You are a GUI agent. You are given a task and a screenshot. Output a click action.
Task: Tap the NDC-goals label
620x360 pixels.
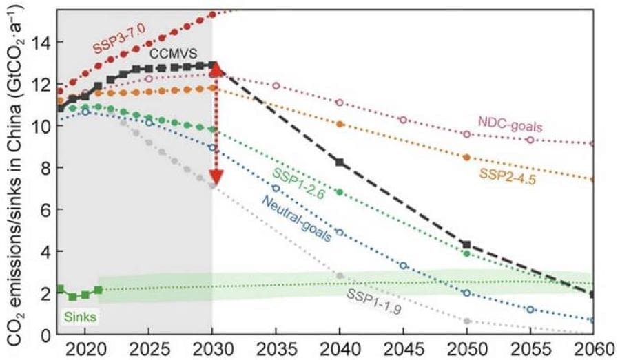pos(510,127)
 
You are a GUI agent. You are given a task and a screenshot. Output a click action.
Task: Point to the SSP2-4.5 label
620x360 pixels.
pos(506,176)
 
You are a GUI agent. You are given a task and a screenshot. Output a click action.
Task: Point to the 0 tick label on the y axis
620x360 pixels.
pos(45,335)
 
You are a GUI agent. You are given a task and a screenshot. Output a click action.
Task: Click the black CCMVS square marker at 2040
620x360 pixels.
pos(340,162)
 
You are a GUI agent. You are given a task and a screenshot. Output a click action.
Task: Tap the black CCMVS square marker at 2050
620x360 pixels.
pos(466,244)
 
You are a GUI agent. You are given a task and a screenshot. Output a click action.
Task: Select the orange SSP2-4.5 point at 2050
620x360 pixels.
pos(466,157)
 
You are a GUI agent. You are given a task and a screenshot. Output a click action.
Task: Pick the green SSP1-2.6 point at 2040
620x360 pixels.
pos(340,192)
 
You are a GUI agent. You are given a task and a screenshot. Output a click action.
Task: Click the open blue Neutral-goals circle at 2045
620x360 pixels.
pos(404,265)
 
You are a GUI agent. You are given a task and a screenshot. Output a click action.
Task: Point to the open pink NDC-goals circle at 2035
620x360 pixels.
pos(276,86)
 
